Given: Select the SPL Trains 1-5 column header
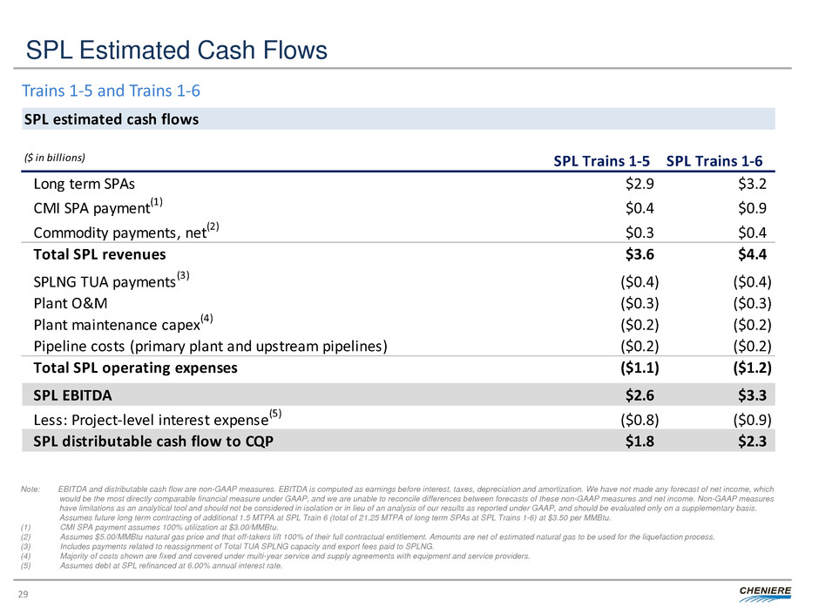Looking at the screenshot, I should click(601, 160).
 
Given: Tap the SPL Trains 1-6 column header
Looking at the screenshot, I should click(714, 160).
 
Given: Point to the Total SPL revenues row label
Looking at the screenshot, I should click(99, 255).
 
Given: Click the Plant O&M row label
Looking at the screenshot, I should click(71, 302).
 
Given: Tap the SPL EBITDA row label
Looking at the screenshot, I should click(72, 395).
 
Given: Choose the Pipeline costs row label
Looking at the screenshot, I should click(210, 346).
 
